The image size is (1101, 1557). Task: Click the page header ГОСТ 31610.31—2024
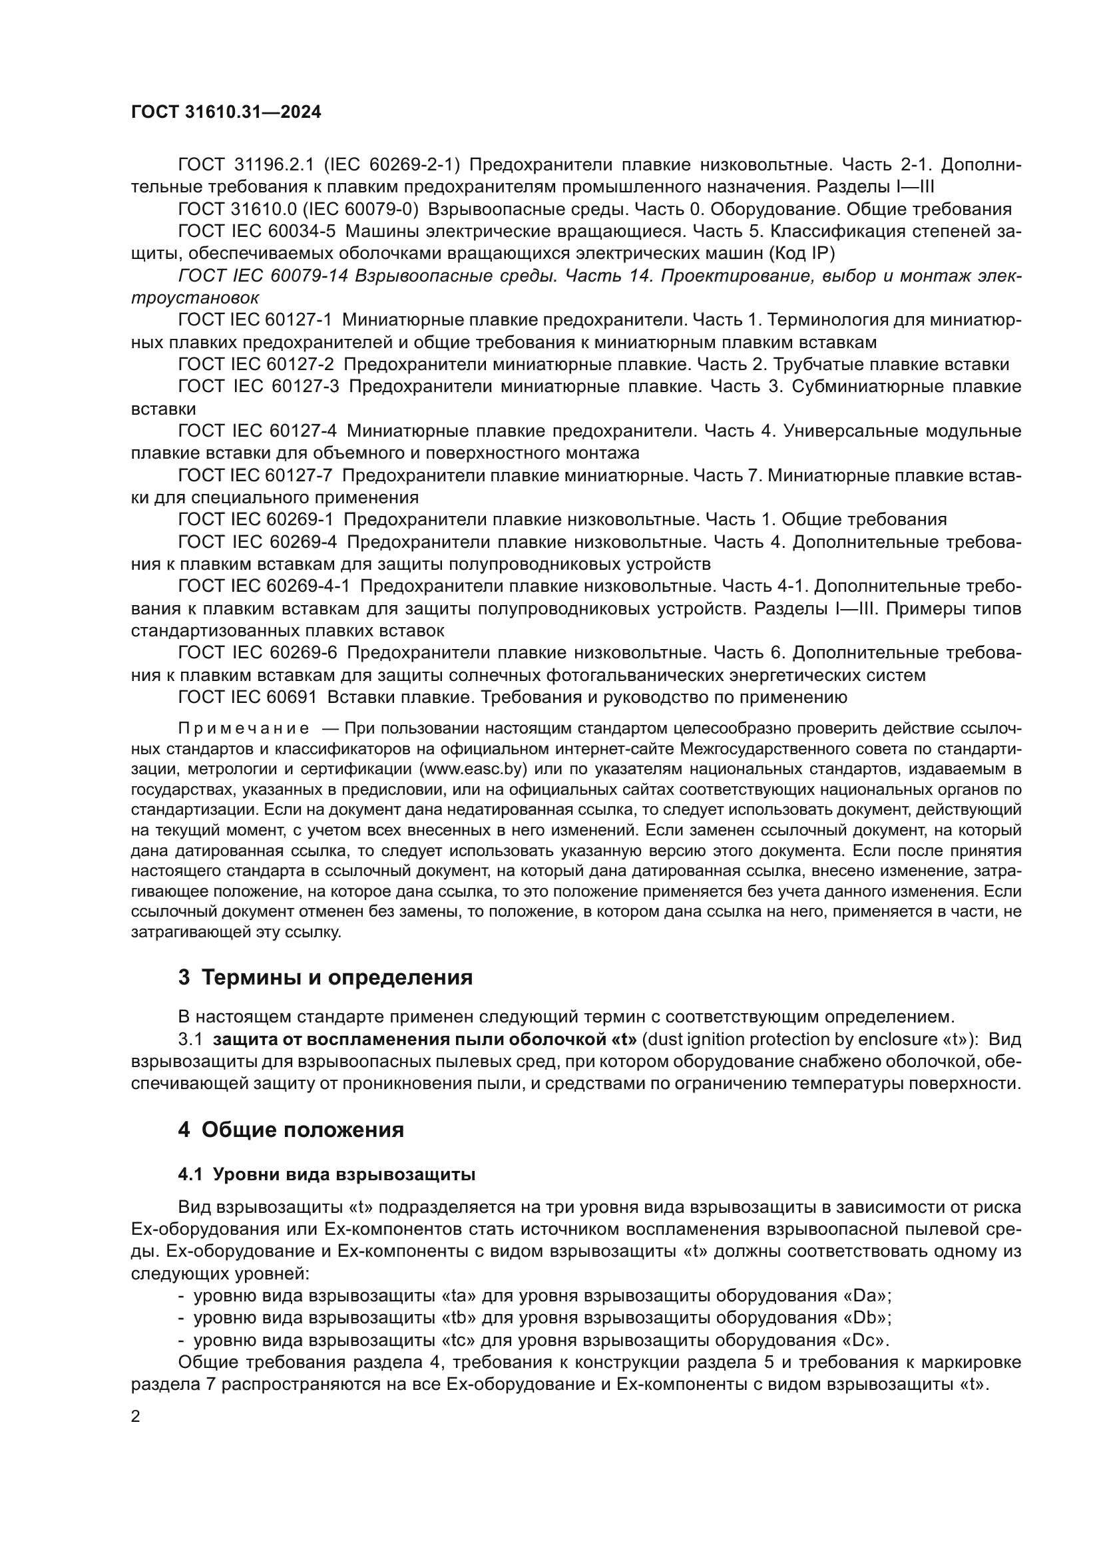tap(226, 112)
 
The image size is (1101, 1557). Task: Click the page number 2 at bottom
tap(136, 1417)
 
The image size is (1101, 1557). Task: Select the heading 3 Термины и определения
tap(326, 977)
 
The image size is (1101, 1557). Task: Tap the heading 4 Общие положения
tap(291, 1130)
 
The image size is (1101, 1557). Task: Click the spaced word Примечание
tap(244, 729)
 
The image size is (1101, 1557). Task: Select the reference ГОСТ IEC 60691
tap(248, 697)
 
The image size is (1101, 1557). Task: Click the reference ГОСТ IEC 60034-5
tap(257, 231)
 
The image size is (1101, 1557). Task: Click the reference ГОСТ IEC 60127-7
tap(257, 475)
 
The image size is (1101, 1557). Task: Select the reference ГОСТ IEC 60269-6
tap(257, 652)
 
